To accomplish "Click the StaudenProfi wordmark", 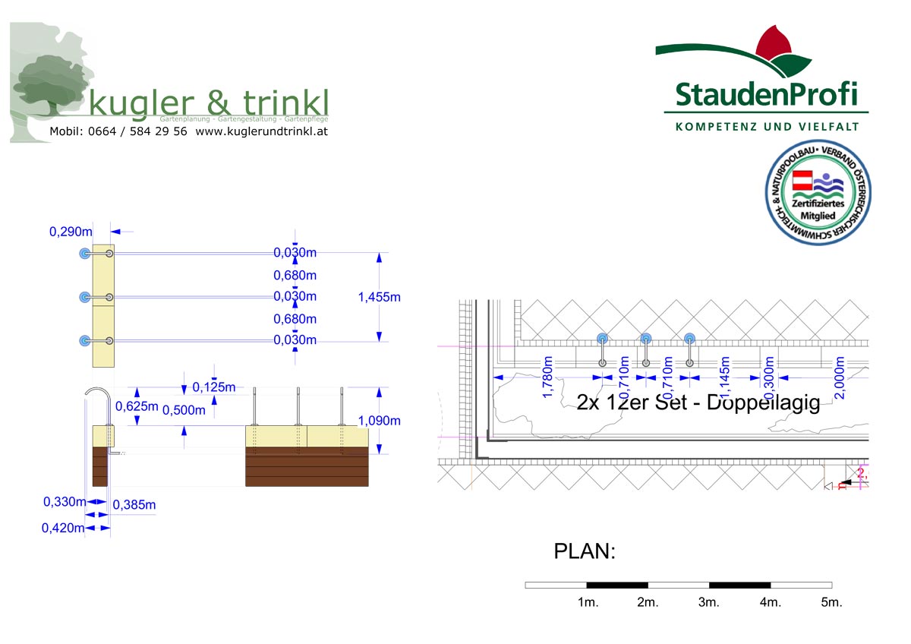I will [x=766, y=94].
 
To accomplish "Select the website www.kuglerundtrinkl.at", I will [x=261, y=131].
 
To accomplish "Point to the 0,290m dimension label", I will [x=71, y=232].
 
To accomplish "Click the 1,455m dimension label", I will [x=379, y=297].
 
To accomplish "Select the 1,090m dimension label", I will [x=379, y=420].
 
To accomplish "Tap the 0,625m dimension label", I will [x=137, y=406].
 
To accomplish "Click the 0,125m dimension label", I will [x=214, y=387].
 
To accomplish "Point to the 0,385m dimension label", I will [x=134, y=504].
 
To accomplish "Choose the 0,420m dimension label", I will [x=63, y=528].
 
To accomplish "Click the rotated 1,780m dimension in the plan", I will [x=548, y=377].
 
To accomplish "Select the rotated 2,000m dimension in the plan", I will [x=840, y=377].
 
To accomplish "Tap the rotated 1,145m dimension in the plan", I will [x=725, y=377].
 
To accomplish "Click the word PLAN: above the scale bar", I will [x=584, y=551].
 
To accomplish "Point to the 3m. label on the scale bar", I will [x=708, y=602].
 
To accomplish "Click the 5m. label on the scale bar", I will [x=831, y=602].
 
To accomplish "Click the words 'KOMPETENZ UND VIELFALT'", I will [x=767, y=126].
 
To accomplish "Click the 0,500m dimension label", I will [x=184, y=410].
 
